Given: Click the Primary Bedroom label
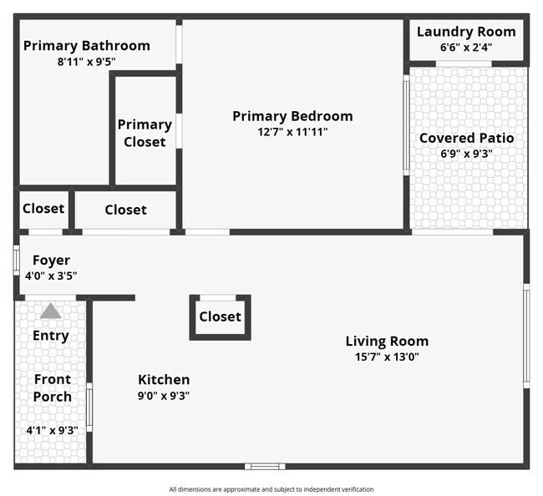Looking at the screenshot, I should [292, 116].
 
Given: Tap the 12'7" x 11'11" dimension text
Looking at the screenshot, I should [292, 131].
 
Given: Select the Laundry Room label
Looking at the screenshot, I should [466, 32].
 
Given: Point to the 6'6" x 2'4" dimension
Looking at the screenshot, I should [466, 48].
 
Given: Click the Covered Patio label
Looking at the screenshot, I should [466, 138].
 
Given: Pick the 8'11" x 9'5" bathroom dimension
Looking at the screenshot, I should [86, 61].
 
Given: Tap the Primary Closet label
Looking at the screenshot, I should [145, 133].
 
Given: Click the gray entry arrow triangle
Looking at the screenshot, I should [51, 311].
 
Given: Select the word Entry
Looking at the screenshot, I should [51, 336].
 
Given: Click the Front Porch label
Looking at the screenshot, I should [53, 387].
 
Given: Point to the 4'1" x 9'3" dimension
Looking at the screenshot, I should [53, 430].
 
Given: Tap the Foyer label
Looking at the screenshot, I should [51, 261].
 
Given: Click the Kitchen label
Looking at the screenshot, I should [164, 380].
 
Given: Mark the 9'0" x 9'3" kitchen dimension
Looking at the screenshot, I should [164, 396].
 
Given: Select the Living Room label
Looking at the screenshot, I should [387, 341].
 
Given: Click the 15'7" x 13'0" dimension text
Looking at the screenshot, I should [387, 357].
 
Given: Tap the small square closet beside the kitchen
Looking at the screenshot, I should [220, 316].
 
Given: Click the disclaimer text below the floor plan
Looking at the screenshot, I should [271, 489].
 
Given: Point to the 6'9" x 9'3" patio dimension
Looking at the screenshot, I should [466, 154].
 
